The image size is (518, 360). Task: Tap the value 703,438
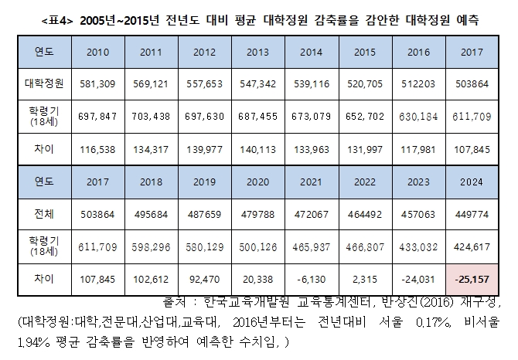(x=150, y=115)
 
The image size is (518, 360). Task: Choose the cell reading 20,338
(x=257, y=277)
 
